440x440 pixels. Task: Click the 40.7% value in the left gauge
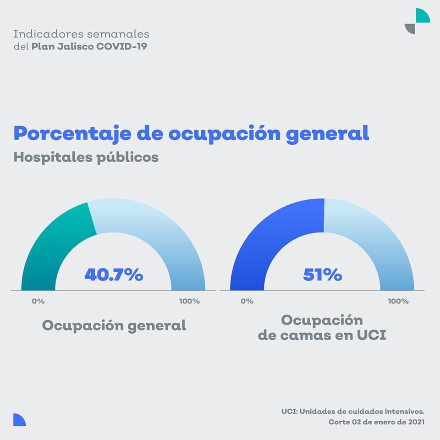(x=114, y=275)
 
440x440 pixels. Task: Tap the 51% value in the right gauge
(x=322, y=275)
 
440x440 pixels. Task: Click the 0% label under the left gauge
(x=38, y=301)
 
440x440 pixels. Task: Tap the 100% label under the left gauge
(x=189, y=301)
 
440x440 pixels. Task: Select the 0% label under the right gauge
(x=247, y=301)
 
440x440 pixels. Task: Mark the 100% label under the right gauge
(x=398, y=301)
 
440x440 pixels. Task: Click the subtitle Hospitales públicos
(x=86, y=157)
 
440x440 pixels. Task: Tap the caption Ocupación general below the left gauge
(x=114, y=325)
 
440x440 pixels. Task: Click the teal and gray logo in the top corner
(x=417, y=21)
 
